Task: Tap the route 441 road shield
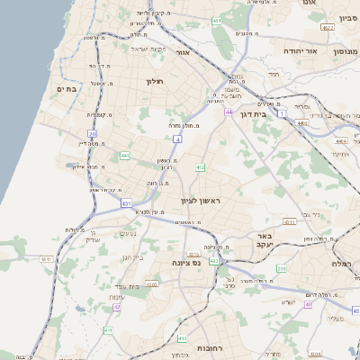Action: [124, 156]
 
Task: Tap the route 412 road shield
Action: [200, 167]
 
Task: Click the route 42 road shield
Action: [117, 307]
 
